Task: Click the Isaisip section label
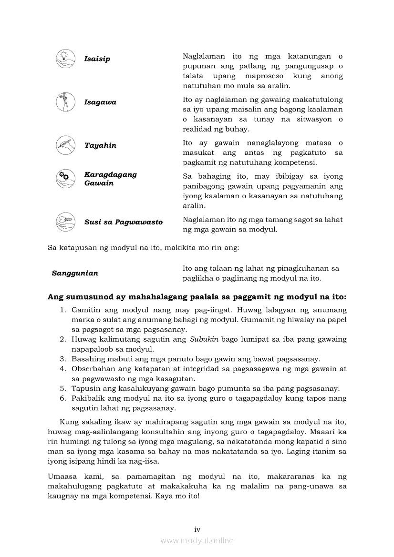(x=97, y=59)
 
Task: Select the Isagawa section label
(x=100, y=102)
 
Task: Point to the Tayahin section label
(x=100, y=145)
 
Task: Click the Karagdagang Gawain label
(x=110, y=179)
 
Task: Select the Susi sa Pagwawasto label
(x=124, y=222)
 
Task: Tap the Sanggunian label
(x=75, y=273)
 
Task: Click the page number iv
(x=197, y=529)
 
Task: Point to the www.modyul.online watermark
(x=197, y=540)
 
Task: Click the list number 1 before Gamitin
(x=62, y=310)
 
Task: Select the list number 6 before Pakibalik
(x=62, y=398)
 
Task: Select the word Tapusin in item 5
(x=85, y=388)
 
